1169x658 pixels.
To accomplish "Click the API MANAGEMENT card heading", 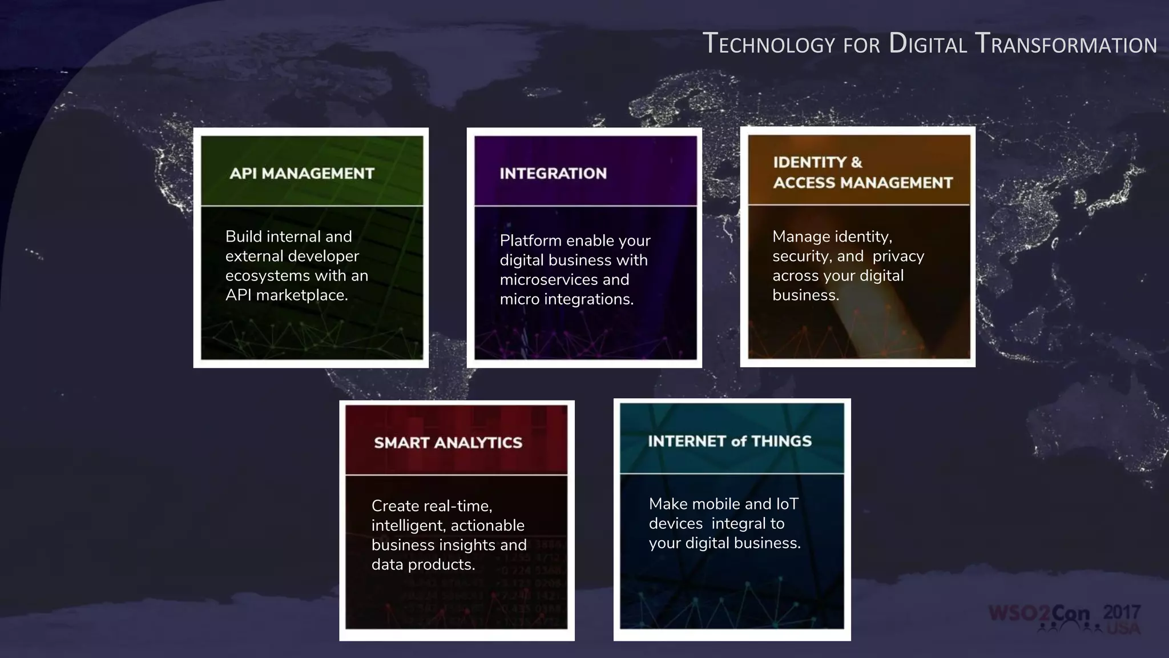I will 301,173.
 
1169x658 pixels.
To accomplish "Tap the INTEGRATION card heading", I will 553,173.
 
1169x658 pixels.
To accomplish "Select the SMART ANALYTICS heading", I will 448,443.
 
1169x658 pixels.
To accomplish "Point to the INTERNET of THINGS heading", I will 729,441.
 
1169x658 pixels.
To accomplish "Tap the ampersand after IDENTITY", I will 856,162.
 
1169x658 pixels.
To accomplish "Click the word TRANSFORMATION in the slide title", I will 1066,44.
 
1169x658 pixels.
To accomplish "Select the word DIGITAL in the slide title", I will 928,44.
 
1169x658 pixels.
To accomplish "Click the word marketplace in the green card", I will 301,295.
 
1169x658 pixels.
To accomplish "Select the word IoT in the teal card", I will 787,504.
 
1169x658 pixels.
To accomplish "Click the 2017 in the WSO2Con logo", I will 1122,612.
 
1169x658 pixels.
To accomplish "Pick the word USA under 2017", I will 1123,628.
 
